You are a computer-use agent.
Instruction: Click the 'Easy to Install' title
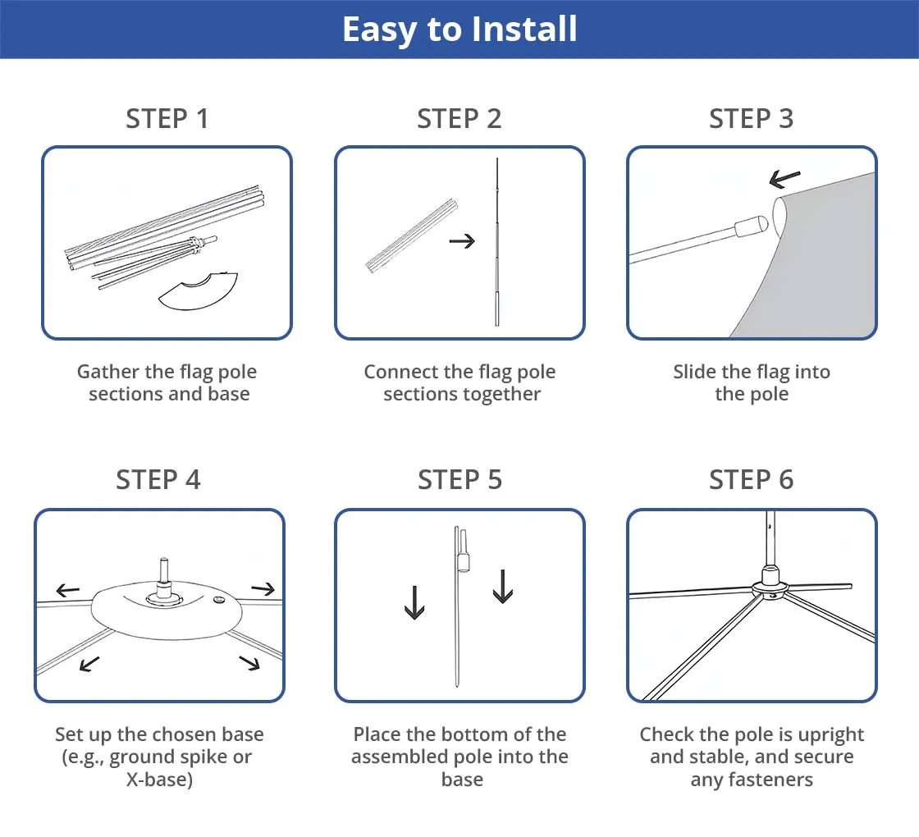point(459,30)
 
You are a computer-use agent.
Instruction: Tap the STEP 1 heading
point(167,119)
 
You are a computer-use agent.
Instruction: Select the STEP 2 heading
point(459,119)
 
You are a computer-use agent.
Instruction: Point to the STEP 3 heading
point(751,119)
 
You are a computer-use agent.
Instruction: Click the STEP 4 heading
point(158,480)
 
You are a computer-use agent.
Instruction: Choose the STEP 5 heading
point(459,480)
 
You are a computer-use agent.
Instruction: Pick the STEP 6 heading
point(751,480)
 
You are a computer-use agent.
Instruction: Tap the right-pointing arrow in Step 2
point(462,241)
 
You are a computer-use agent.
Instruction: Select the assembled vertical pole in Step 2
point(496,246)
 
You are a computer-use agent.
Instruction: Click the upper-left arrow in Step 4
point(67,590)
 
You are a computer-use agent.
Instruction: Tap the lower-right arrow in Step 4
point(249,662)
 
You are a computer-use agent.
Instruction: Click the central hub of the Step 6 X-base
point(770,586)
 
